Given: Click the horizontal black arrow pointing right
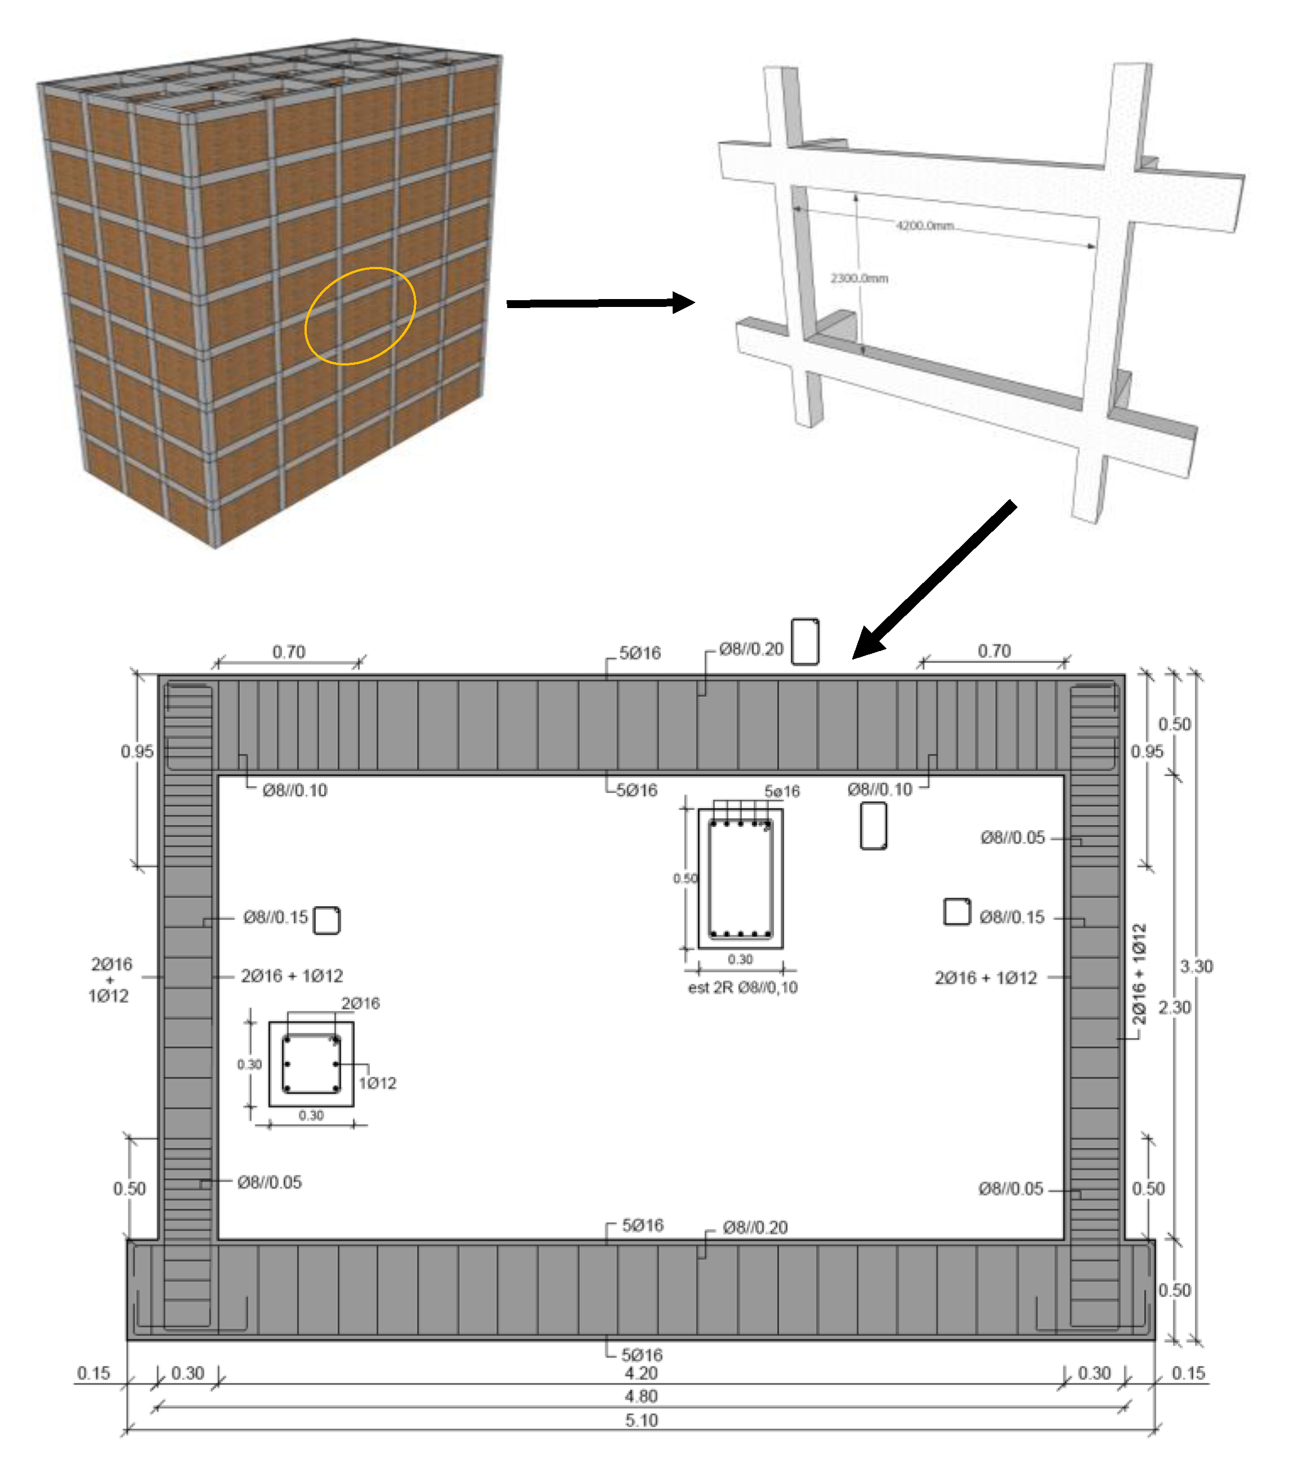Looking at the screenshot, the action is pyautogui.click(x=600, y=303).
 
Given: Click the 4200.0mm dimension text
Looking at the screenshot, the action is pyautogui.click(x=925, y=226).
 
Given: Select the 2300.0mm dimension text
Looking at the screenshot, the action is pyautogui.click(x=860, y=278).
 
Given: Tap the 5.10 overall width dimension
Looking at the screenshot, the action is pyautogui.click(x=641, y=1420).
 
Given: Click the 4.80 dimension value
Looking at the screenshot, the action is pyautogui.click(x=641, y=1396).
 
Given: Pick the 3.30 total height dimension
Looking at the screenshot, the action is pyautogui.click(x=1196, y=966).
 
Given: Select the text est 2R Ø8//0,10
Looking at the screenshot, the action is pyautogui.click(x=742, y=988).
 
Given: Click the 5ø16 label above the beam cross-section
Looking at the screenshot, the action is pyautogui.click(x=782, y=791).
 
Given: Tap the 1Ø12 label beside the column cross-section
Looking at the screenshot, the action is pyautogui.click(x=377, y=1084).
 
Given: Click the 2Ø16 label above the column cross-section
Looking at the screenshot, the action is pyautogui.click(x=361, y=1004).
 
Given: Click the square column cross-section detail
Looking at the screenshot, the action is pyautogui.click(x=311, y=1064).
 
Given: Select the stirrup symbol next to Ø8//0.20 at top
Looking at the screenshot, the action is pyautogui.click(x=805, y=641).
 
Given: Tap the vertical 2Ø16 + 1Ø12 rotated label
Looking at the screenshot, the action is pyautogui.click(x=1140, y=974).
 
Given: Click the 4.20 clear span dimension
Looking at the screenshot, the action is pyautogui.click(x=641, y=1374).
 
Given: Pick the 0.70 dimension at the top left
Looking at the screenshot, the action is pyautogui.click(x=289, y=652).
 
